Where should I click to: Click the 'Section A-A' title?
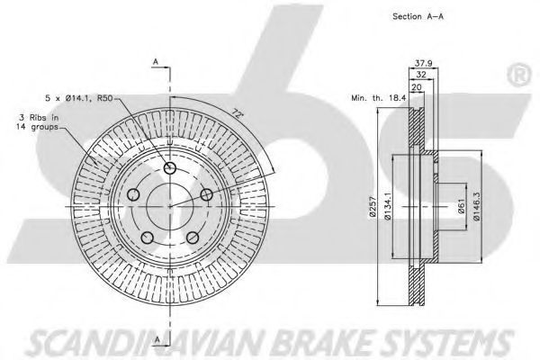pyautogui.click(x=418, y=16)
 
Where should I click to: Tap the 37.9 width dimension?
pyautogui.click(x=423, y=63)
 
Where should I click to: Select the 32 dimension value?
pyautogui.click(x=421, y=75)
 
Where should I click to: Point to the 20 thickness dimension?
pyautogui.click(x=417, y=86)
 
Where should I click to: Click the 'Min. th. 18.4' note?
pyautogui.click(x=379, y=98)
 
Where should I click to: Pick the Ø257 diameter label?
pyautogui.click(x=372, y=207)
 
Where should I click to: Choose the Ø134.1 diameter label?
pyautogui.click(x=387, y=207)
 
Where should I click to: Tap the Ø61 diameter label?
pyautogui.click(x=462, y=207)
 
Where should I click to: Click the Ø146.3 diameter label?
pyautogui.click(x=476, y=207)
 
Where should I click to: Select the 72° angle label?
pyautogui.click(x=236, y=112)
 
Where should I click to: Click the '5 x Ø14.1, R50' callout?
pyautogui.click(x=79, y=98)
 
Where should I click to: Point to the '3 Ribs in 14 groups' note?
pyautogui.click(x=37, y=122)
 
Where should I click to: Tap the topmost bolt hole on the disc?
pyautogui.click(x=170, y=168)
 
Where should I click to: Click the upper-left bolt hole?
pyautogui.click(x=133, y=194)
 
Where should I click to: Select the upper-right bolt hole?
pyautogui.click(x=207, y=194)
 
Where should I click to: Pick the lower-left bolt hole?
pyautogui.click(x=148, y=238)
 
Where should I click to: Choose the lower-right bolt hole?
pyautogui.click(x=193, y=238)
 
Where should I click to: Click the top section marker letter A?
pyautogui.click(x=156, y=62)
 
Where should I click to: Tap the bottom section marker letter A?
pyautogui.click(x=157, y=339)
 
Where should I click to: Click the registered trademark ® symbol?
pyautogui.click(x=519, y=76)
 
